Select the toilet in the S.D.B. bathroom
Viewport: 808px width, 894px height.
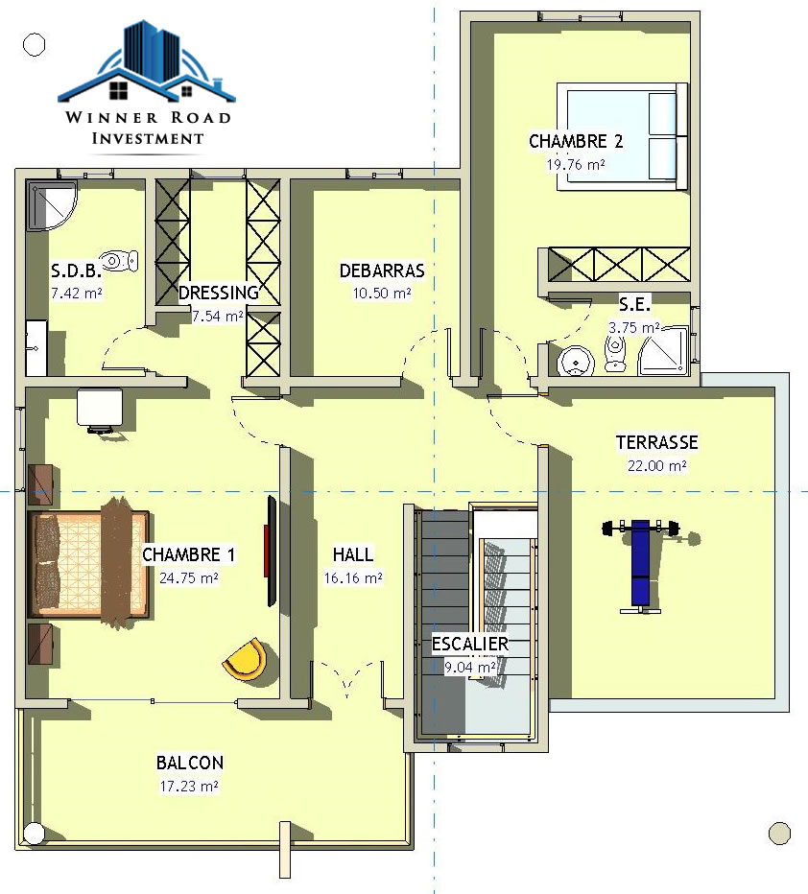tap(119, 261)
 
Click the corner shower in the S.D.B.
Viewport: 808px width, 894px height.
tap(50, 206)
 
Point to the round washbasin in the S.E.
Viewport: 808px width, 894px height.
tap(576, 361)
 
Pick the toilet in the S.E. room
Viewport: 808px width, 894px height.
tap(615, 353)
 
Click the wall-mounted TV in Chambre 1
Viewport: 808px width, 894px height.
tap(272, 551)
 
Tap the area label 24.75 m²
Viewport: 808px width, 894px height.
tap(189, 578)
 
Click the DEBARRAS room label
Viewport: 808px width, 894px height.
tap(382, 271)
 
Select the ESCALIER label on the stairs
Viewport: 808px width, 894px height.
tap(470, 645)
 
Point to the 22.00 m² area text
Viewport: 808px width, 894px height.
tap(657, 466)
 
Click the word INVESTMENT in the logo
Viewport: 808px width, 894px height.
tap(148, 138)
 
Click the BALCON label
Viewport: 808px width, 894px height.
tap(190, 763)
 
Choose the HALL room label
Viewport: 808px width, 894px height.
tap(353, 554)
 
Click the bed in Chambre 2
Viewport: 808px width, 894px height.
tap(622, 137)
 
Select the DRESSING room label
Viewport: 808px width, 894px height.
tap(219, 293)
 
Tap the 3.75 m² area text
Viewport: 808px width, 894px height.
tap(634, 328)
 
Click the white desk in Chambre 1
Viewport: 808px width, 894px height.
tap(100, 409)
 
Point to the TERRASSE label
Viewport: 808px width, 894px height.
tap(657, 442)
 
